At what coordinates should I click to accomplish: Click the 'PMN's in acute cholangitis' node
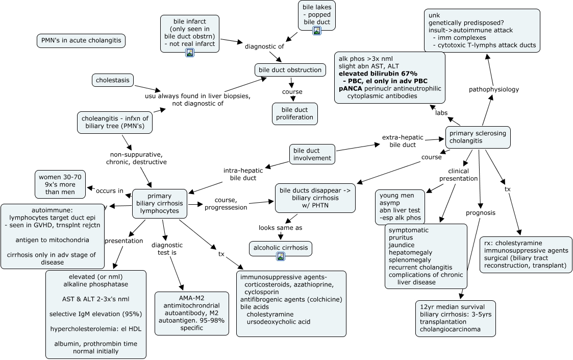pos(81,41)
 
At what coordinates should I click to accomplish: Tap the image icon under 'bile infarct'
pos(190,52)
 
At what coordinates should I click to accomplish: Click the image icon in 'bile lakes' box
pos(316,31)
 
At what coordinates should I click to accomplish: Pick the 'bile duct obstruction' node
pos(290,69)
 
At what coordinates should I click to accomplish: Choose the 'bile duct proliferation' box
pos(294,113)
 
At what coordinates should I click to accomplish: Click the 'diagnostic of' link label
pos(264,46)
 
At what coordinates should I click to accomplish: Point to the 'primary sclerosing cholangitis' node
pos(478,137)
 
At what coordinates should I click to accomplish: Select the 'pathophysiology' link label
pos(493,89)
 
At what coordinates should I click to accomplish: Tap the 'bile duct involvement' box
pos(312,154)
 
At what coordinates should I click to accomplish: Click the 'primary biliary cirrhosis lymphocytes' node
pos(159,203)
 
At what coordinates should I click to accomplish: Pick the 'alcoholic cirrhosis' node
pos(281,248)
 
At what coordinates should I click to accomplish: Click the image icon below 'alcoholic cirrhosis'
pos(280,256)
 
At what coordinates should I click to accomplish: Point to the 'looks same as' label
pos(280,228)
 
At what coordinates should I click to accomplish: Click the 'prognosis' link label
pos(480,212)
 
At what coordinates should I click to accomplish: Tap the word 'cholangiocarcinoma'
pos(450,329)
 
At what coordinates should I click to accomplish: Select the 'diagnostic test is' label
pos(167,249)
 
